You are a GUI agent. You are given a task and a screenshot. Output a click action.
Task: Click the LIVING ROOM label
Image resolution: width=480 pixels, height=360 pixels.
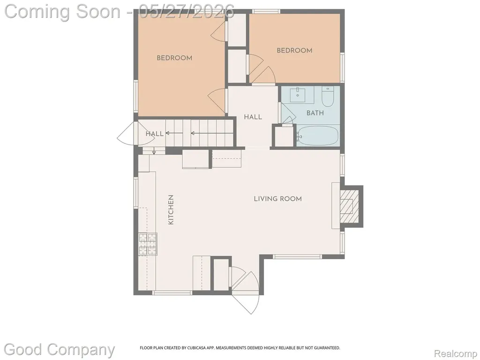(x=277, y=199)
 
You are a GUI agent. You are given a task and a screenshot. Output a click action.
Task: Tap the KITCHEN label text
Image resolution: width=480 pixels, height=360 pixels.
(x=171, y=210)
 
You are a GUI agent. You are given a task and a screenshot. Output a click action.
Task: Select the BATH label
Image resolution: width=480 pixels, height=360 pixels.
(x=315, y=113)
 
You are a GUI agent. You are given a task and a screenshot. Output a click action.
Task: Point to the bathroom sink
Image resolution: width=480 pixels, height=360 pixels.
(x=298, y=95)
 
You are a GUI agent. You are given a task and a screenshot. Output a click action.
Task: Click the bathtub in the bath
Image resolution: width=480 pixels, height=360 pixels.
(x=318, y=136)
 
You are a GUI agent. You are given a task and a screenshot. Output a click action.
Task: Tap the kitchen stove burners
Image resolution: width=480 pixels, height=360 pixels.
(x=148, y=244)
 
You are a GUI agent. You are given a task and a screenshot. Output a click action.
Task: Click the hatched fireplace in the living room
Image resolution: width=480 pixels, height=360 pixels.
(x=349, y=206)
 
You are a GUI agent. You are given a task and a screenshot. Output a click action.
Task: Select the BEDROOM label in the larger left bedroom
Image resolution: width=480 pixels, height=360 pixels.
(x=174, y=58)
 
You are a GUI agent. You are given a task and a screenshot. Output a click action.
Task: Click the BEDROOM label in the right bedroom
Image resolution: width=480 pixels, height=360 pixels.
(x=294, y=51)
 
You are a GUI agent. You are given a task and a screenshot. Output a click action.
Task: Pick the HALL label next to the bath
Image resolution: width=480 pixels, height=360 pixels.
(x=253, y=117)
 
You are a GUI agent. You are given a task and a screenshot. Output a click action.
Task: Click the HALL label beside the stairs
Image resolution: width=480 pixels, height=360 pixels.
(x=154, y=134)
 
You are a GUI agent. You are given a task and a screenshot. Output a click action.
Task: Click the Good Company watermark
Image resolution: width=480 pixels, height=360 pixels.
(x=60, y=350)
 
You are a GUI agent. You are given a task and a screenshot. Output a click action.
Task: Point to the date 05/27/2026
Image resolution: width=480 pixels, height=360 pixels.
(x=187, y=12)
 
